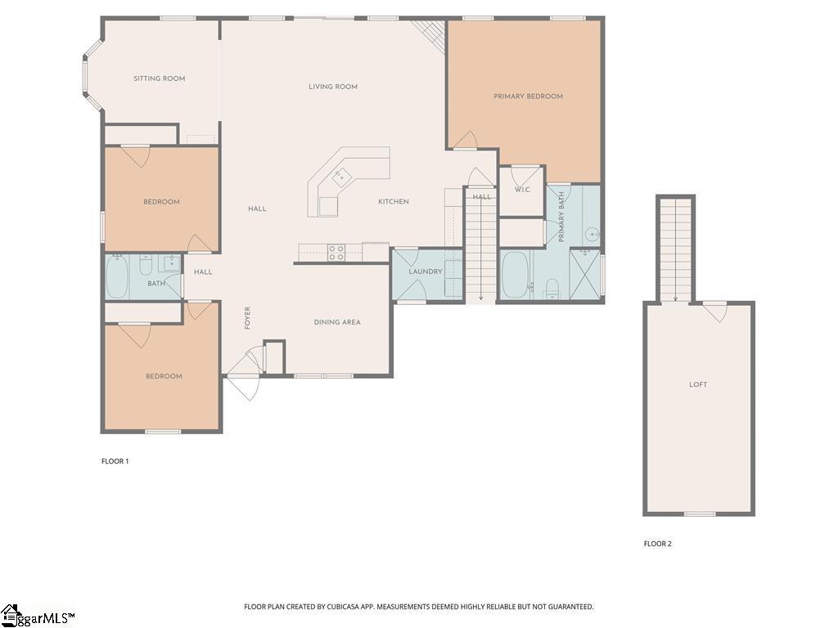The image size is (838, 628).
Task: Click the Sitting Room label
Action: pyautogui.click(x=160, y=78)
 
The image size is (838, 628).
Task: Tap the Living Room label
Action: pyautogui.click(x=333, y=87)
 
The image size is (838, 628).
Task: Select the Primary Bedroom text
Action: pyautogui.click(x=528, y=96)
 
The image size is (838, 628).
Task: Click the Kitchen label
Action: pyautogui.click(x=394, y=202)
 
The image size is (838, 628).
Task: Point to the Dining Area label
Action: pyautogui.click(x=336, y=322)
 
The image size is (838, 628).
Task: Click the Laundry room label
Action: pyautogui.click(x=426, y=271)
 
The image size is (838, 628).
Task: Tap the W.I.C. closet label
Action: pyautogui.click(x=522, y=190)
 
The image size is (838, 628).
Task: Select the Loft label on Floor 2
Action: pyautogui.click(x=698, y=384)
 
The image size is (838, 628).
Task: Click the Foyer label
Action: pyautogui.click(x=247, y=318)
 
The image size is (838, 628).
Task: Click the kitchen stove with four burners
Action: pyautogui.click(x=336, y=253)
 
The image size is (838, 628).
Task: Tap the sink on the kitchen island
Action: pyautogui.click(x=342, y=177)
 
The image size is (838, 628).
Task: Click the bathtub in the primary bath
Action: pyautogui.click(x=514, y=276)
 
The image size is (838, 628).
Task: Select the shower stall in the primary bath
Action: pyautogui.click(x=584, y=275)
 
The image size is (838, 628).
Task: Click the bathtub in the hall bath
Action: pyautogui.click(x=117, y=276)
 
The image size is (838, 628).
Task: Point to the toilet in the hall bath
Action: pyautogui.click(x=146, y=265)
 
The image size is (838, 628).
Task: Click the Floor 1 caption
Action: pyautogui.click(x=115, y=461)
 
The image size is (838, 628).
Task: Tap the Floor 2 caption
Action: pyautogui.click(x=657, y=544)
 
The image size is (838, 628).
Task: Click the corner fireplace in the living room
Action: pyautogui.click(x=429, y=36)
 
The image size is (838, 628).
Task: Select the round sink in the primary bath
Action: pyautogui.click(x=591, y=235)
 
